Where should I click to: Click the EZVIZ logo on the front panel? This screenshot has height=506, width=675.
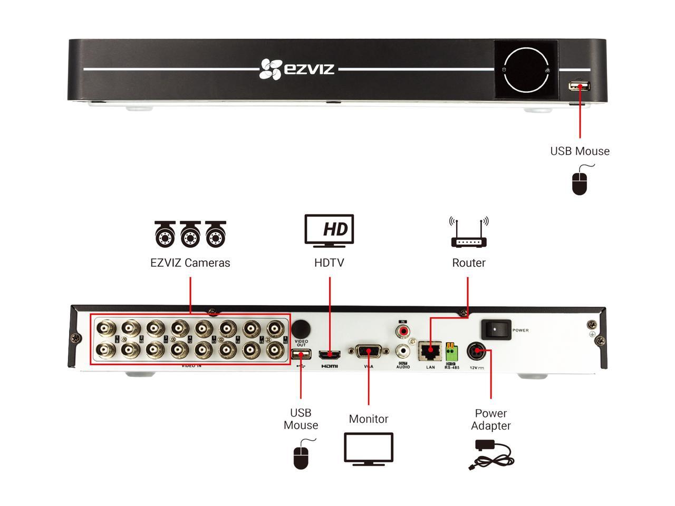click(x=297, y=69)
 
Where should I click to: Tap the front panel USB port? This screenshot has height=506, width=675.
click(x=579, y=86)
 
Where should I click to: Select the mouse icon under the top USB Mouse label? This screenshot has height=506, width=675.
click(x=580, y=181)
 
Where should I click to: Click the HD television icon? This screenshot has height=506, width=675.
click(x=330, y=230)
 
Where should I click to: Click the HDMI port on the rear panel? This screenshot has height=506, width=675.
click(x=329, y=355)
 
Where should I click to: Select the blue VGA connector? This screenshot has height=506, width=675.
click(x=368, y=352)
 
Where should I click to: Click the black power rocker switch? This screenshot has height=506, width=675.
click(x=496, y=329)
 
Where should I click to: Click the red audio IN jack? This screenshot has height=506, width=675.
click(x=403, y=332)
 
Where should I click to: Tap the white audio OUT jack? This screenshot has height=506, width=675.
click(x=403, y=350)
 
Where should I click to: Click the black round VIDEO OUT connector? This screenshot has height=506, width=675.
click(x=301, y=328)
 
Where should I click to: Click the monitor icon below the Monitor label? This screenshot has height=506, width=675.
click(x=369, y=449)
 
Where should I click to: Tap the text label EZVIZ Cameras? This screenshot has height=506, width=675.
click(x=190, y=262)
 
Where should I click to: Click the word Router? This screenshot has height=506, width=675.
click(x=469, y=262)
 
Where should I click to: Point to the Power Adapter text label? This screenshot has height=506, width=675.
click(x=491, y=420)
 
